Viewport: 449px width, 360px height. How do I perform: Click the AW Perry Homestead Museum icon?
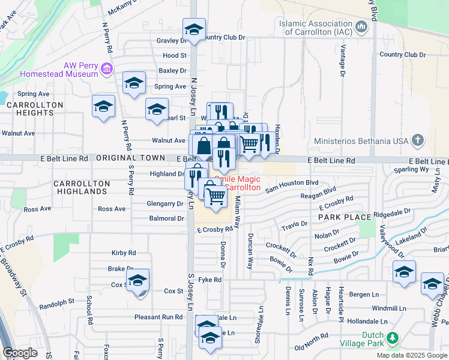click(x=107, y=69)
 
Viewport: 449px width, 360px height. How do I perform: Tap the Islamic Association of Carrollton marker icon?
click(x=361, y=27)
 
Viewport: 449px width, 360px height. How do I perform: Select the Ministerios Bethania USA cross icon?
click(x=418, y=141)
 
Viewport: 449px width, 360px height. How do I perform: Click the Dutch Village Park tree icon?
click(x=393, y=340)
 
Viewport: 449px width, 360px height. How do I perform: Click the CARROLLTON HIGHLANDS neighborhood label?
click(x=81, y=187)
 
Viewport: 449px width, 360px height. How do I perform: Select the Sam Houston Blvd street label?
click(x=291, y=182)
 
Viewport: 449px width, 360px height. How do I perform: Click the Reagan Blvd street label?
click(x=321, y=190)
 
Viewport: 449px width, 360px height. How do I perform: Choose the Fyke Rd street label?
click(x=209, y=280)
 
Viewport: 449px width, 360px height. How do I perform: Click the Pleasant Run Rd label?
click(x=158, y=317)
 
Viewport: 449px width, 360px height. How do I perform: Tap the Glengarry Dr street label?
click(x=165, y=204)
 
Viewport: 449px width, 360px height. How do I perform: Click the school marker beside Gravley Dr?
click(x=194, y=29)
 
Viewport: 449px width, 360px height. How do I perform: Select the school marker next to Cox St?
click(x=138, y=281)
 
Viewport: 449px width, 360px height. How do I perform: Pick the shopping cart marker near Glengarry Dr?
click(x=216, y=195)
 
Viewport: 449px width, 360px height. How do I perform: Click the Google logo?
click(x=20, y=353)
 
